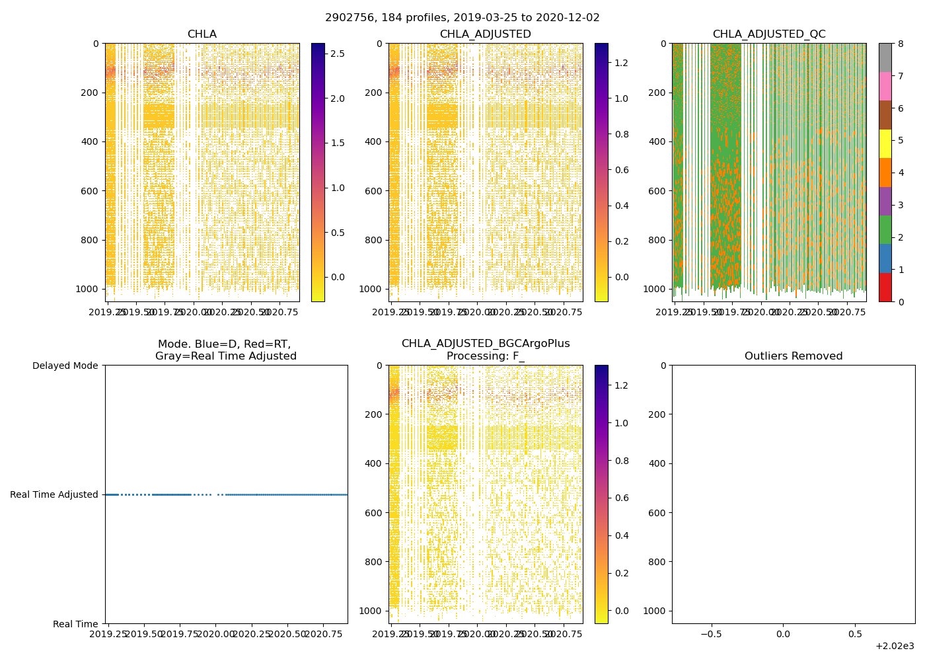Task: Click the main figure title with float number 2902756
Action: coord(462,18)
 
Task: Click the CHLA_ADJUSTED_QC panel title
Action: coord(769,34)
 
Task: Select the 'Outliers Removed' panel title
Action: coord(794,356)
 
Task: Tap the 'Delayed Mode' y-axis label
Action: coord(65,366)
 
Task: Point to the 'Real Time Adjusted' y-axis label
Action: coord(54,494)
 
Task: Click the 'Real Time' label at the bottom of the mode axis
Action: coord(75,624)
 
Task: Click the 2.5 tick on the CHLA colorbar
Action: coord(337,54)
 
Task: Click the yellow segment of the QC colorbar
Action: coord(885,144)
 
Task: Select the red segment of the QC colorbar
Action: coord(885,288)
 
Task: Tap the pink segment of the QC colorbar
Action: coord(885,87)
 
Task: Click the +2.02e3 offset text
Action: coord(895,646)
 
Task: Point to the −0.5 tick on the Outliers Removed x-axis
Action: coord(711,635)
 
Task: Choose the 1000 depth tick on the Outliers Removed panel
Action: coord(654,611)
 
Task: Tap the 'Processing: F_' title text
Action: coord(486,356)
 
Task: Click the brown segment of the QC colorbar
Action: coord(885,115)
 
